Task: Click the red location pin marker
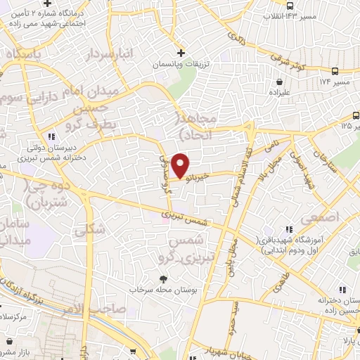pyautogui.click(x=181, y=165)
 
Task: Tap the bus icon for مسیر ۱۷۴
pyautogui.click(x=335, y=71)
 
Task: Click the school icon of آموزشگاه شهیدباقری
pyautogui.click(x=288, y=229)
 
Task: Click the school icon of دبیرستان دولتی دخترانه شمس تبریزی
pyautogui.click(x=50, y=136)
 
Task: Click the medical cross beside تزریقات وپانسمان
pyautogui.click(x=181, y=53)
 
